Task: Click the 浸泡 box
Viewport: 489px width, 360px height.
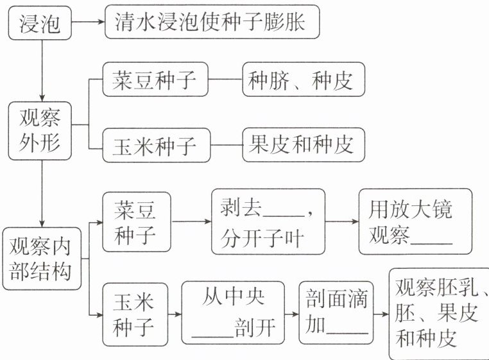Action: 40,24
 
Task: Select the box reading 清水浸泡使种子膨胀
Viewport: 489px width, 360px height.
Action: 212,24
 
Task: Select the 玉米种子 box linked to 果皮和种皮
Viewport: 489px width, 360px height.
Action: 154,145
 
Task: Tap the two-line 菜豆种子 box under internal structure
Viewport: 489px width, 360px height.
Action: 137,222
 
